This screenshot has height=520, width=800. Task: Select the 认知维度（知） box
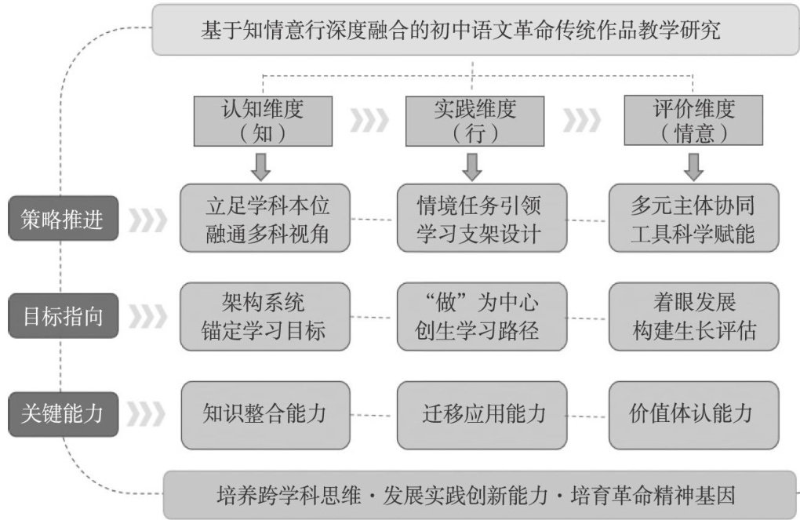(263, 119)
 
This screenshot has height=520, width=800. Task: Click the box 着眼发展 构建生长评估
(693, 317)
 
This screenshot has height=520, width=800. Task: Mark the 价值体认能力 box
(693, 413)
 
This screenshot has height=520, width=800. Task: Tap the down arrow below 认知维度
(262, 165)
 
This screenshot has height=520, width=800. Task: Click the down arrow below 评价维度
(693, 165)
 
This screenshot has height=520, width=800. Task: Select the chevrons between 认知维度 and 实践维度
(368, 120)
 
